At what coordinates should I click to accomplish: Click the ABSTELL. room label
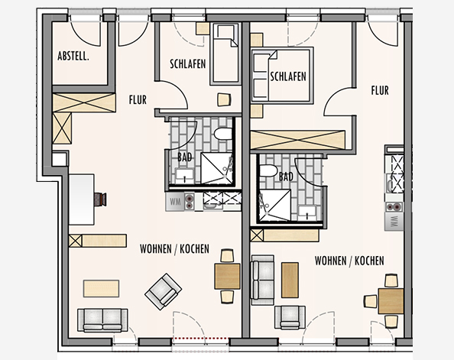[73, 56]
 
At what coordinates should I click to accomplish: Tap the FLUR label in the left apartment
[138, 100]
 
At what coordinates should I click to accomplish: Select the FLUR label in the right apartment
[380, 90]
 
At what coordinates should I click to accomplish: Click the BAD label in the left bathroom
[185, 157]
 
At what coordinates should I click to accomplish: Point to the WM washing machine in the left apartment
[175, 202]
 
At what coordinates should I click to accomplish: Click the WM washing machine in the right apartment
[394, 222]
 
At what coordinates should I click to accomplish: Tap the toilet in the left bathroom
[223, 134]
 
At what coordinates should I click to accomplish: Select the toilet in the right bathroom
[268, 170]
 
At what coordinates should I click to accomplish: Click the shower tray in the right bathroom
[274, 205]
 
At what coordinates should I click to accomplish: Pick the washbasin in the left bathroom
[184, 176]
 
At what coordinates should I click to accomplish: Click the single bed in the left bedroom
[225, 54]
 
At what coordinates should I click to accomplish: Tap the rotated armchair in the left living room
[164, 292]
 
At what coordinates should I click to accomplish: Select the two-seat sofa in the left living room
[102, 320]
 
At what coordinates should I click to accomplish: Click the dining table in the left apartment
[227, 276]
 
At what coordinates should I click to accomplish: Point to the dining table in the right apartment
[391, 301]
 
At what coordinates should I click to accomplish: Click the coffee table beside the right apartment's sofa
[290, 280]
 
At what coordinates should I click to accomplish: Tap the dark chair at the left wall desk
[100, 199]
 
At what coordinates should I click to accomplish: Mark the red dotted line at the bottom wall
[201, 338]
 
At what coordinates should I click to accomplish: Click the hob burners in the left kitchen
[190, 202]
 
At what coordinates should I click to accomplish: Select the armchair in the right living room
[290, 317]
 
